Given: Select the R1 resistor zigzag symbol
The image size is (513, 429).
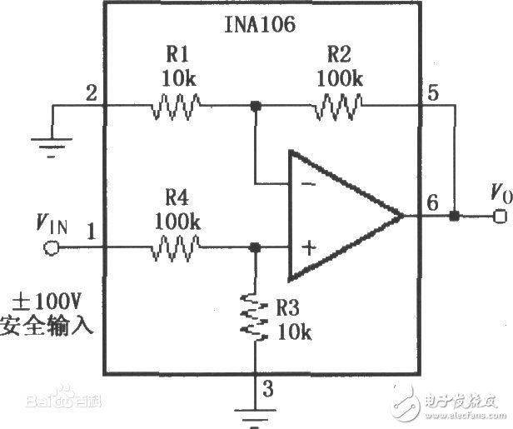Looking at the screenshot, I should (176, 106).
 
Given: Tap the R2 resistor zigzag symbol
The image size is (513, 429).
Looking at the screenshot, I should (338, 106).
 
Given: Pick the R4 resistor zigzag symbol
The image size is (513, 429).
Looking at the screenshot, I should (176, 247).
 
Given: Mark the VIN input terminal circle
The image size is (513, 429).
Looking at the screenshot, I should (51, 247).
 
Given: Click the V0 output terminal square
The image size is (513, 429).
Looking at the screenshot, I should (499, 217).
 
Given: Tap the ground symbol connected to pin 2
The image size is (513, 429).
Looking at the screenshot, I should (51, 142).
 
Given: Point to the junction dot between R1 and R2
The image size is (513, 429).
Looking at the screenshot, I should (256, 107).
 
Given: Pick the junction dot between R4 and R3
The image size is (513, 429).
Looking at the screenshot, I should (255, 247).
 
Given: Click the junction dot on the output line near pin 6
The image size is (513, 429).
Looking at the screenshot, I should (454, 217).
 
